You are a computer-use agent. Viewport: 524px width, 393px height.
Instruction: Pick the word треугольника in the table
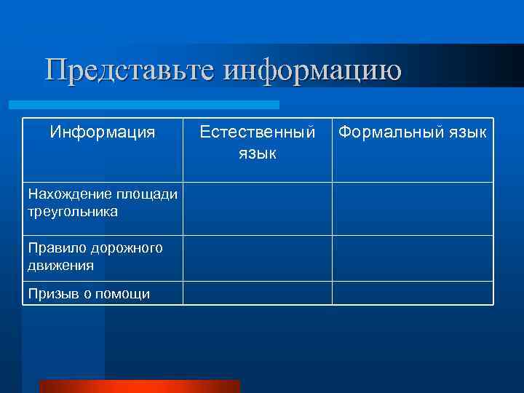coord(73,212)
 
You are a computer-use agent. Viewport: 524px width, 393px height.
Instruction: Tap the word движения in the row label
coord(61,266)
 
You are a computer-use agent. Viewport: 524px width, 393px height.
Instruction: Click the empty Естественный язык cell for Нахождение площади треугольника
coord(258,208)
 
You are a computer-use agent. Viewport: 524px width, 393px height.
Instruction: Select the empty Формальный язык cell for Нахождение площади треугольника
coord(413,208)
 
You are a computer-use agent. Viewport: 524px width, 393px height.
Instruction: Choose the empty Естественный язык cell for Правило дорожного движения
coord(258,258)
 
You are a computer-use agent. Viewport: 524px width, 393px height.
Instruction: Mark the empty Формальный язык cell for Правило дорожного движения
coord(413,258)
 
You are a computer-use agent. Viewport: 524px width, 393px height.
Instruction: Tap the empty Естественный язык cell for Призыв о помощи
coord(258,293)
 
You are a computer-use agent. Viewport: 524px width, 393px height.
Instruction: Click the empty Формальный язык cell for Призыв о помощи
coord(413,293)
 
